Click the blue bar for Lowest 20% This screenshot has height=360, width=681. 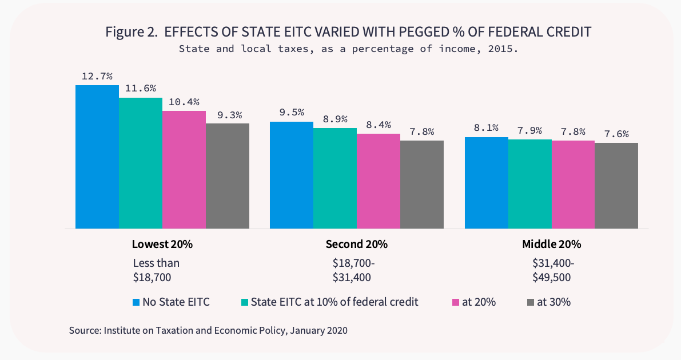tap(97, 157)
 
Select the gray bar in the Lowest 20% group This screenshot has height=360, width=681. tap(227, 175)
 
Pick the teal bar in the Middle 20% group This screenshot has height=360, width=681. tap(529, 183)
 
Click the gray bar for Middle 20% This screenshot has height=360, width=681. tap(616, 185)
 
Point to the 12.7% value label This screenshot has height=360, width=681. tap(97, 76)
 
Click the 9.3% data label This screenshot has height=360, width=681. tap(227, 114)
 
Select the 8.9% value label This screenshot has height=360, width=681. tap(334, 119)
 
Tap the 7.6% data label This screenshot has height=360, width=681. tap(616, 134)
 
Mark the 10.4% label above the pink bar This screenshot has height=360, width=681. tap(184, 102)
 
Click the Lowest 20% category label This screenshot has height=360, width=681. tap(162, 244)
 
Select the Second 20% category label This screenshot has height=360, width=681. tap(356, 244)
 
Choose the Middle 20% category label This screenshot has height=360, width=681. tap(551, 244)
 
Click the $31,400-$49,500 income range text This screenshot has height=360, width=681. tap(551, 270)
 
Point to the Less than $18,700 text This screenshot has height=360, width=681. tap(156, 270)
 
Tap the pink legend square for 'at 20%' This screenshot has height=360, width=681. tap(456, 302)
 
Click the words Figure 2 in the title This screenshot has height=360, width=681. tap(131, 32)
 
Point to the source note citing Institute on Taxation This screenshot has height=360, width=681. tap(208, 330)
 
